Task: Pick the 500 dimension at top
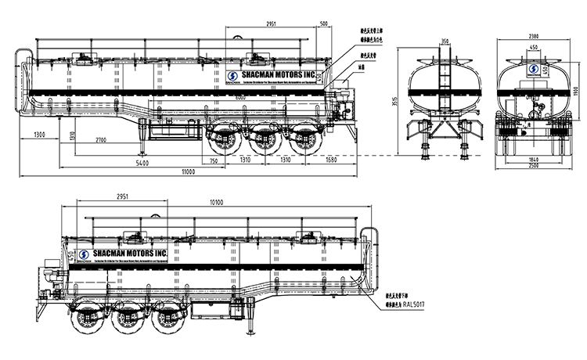pos(323,24)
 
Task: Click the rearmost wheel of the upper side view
pos(302,142)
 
